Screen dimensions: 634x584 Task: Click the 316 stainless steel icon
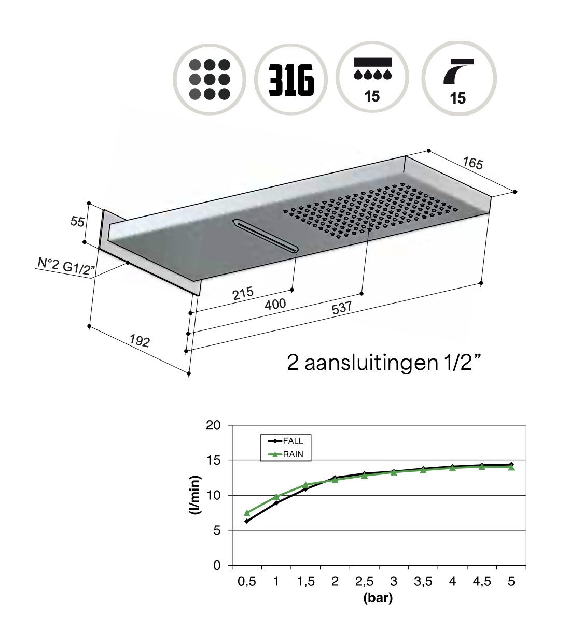pos(291,79)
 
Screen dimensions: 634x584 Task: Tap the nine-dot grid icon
pos(210,79)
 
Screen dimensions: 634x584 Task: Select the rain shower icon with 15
pos(372,79)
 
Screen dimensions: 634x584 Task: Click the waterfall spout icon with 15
pos(458,79)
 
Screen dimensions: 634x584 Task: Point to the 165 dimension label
pos(472,163)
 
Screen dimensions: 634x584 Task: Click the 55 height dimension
pos(77,222)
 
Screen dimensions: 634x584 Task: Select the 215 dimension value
pos(243,294)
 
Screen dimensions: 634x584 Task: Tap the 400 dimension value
pos(275,304)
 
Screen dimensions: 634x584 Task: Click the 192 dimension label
pos(140,341)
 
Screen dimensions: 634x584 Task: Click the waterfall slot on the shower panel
pos(266,236)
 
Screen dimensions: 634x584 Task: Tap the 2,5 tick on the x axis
pos(364,581)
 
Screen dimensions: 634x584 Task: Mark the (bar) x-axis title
pos(378,598)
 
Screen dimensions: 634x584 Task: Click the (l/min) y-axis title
pos(196,495)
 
